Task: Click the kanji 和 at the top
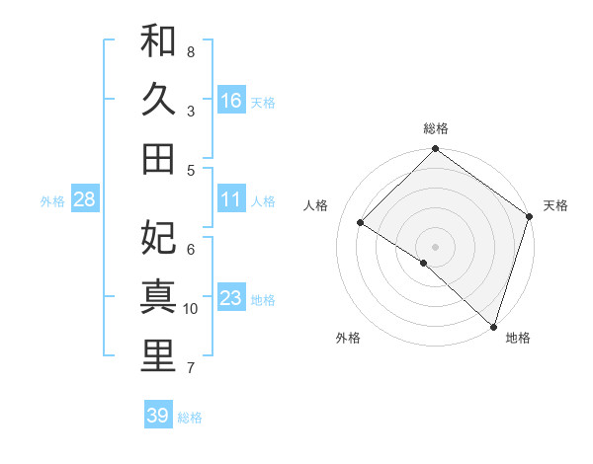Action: pos(158,41)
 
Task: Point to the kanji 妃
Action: pos(158,238)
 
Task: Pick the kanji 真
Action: pos(158,297)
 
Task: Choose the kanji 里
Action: pos(158,356)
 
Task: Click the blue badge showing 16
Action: pos(231,101)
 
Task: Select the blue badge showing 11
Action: pos(231,199)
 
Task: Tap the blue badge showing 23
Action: pos(231,298)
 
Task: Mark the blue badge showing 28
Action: pos(84,199)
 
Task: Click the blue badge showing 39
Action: pos(157,416)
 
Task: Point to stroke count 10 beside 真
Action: pos(191,309)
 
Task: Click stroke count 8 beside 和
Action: pos(191,51)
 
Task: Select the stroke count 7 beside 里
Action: pos(191,369)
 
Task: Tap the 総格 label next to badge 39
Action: pos(190,418)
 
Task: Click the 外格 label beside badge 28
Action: pos(52,201)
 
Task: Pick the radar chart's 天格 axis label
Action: pos(555,205)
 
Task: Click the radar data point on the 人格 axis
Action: pos(361,223)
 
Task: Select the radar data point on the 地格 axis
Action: pos(493,326)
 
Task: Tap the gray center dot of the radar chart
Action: pos(435,246)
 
